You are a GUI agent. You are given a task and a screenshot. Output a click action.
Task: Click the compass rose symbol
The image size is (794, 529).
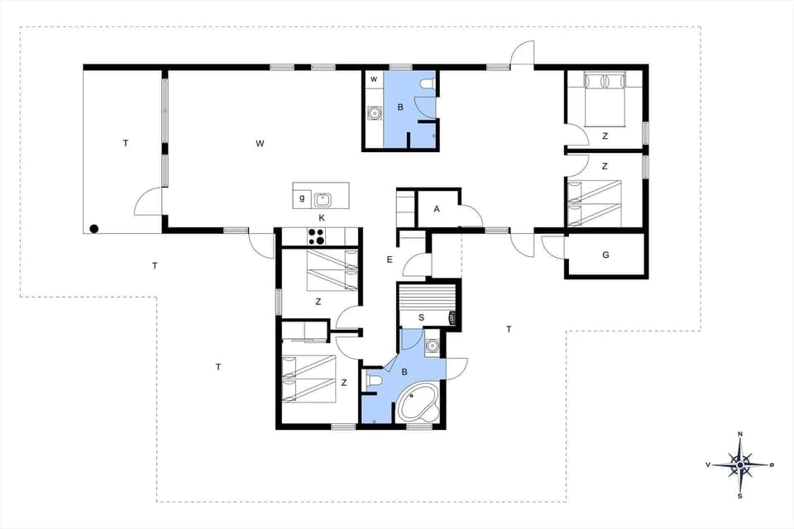740,465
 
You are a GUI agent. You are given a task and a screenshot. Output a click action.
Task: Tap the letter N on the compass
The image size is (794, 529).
740,434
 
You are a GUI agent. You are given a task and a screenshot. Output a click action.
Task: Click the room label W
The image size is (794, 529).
260,144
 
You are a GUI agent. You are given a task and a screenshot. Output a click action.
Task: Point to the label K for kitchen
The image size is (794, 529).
322,217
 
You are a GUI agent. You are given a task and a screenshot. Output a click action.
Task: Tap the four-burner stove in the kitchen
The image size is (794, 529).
316,237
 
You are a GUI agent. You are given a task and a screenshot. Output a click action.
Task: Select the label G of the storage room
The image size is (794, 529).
605,255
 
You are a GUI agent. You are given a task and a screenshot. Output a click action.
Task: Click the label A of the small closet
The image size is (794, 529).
437,209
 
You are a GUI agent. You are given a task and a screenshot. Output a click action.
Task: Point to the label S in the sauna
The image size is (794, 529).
421,317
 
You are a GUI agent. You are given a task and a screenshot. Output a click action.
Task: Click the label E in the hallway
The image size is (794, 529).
389,260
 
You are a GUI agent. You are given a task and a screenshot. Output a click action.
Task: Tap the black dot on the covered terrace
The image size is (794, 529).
94,228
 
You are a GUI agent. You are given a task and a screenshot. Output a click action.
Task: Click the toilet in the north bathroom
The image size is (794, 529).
426,84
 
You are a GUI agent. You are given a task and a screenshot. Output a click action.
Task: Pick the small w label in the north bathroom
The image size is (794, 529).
374,79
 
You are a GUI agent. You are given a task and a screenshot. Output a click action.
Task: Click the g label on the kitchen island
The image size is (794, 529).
302,198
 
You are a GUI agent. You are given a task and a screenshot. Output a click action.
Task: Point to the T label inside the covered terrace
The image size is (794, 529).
126,143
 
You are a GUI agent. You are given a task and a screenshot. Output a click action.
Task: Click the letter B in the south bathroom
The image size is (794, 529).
404,373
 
